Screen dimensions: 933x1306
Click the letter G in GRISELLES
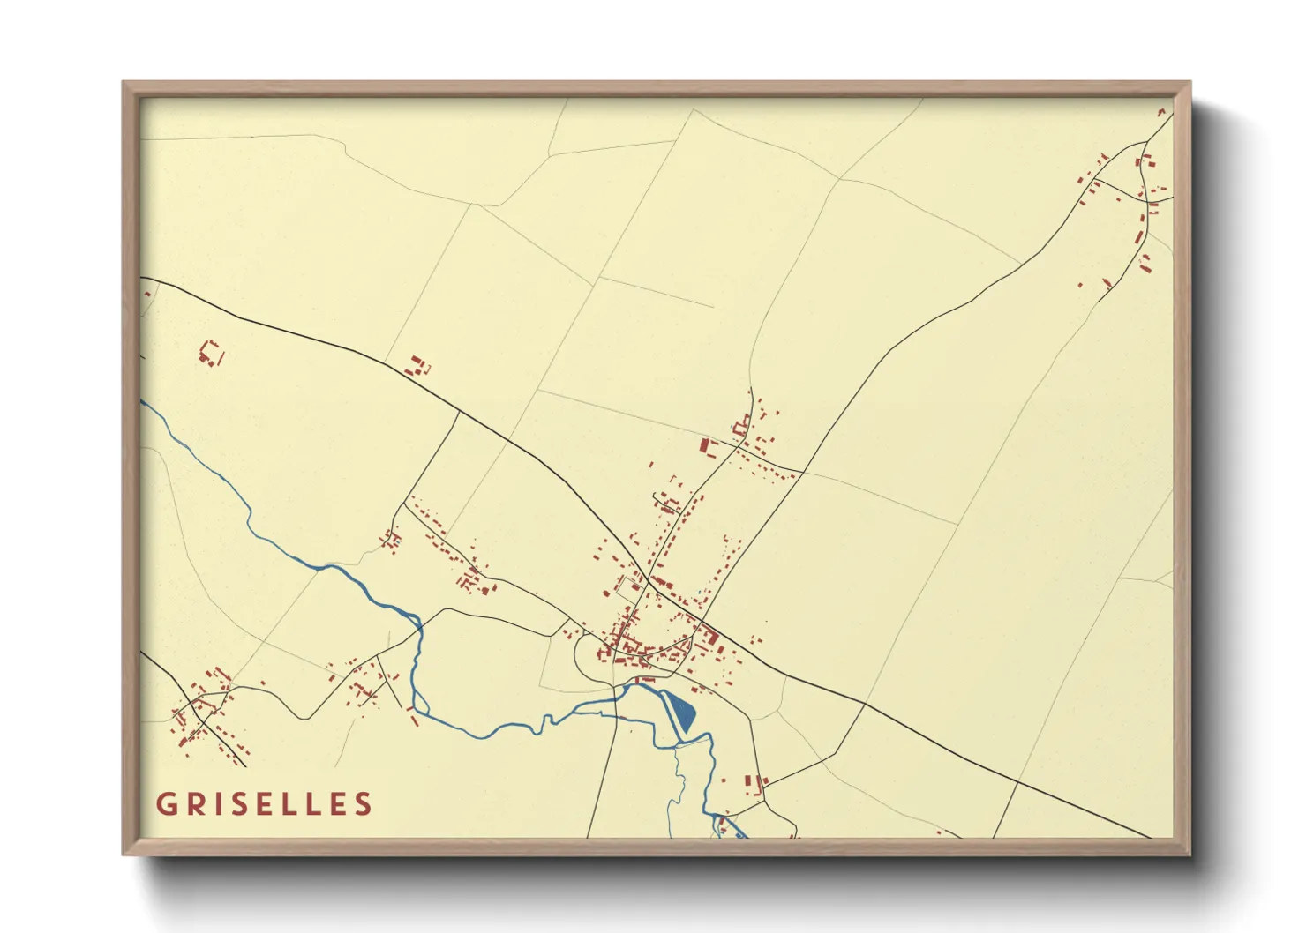[165, 804]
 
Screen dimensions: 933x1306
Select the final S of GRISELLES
[363, 804]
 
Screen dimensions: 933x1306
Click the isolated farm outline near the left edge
[210, 354]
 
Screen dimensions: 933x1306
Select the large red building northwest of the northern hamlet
[706, 446]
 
